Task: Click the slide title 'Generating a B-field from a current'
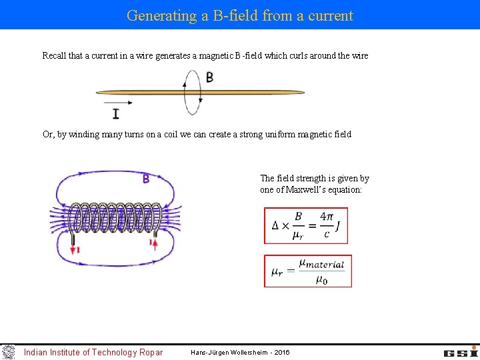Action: click(x=240, y=15)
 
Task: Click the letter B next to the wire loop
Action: click(x=209, y=77)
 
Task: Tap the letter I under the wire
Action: click(x=116, y=113)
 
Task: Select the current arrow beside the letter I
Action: click(x=118, y=103)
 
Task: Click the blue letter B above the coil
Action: click(x=145, y=179)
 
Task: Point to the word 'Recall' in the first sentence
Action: click(x=55, y=56)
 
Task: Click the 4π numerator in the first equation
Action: click(x=327, y=217)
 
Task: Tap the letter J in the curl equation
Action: click(x=338, y=226)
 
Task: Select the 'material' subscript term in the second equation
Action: click(x=325, y=265)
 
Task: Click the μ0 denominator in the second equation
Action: click(x=321, y=279)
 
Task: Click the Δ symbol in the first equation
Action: click(x=275, y=226)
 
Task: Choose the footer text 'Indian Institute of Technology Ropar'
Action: click(x=93, y=353)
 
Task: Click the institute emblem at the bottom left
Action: click(x=8, y=352)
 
